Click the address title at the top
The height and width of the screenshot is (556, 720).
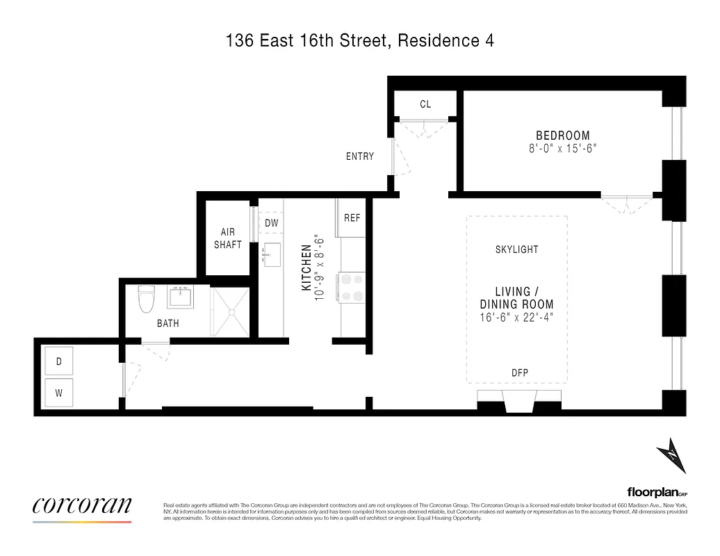pos(360,41)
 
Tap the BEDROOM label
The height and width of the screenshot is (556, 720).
pos(562,136)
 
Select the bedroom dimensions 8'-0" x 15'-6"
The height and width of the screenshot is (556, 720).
pos(562,148)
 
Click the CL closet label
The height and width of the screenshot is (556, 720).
pos(425,104)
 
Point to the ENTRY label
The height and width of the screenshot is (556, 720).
pos(360,156)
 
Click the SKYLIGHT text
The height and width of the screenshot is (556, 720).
pos(516,250)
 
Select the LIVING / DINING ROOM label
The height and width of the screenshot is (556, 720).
pos(516,298)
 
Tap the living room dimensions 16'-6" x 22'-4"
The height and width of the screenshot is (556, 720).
pos(516,318)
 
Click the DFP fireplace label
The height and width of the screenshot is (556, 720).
pos(519,373)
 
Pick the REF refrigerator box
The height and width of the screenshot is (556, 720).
pos(352,218)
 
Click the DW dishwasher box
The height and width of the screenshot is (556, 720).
pos(272,223)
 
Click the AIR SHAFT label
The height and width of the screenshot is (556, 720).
pos(228,238)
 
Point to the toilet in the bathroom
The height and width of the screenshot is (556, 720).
pos(146,300)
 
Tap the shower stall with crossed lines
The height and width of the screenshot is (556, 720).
pos(231,312)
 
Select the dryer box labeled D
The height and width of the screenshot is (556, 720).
pos(59,361)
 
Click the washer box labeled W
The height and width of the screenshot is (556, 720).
pos(59,393)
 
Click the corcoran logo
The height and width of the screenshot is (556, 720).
pos(82,506)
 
